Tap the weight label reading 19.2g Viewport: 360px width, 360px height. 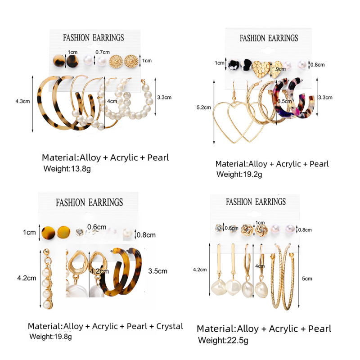[239, 174]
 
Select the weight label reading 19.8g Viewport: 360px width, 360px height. [50, 336]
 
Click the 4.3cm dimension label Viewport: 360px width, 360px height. [22, 102]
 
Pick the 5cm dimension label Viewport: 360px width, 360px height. [307, 279]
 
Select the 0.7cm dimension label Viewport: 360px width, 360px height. [102, 52]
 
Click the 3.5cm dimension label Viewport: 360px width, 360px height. [157, 271]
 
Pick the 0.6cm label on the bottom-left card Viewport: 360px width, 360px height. [97, 227]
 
